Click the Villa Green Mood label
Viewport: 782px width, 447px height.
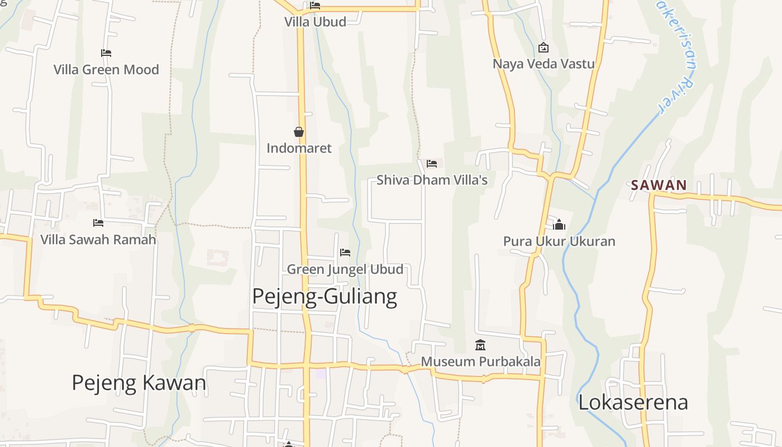tap(106, 70)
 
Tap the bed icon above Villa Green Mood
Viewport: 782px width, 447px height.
tap(106, 53)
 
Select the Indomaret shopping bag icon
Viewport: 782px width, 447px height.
tap(299, 132)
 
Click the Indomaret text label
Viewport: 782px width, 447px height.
tap(299, 148)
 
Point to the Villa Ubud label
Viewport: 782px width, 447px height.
tap(315, 22)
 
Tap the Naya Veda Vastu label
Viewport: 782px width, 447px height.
tap(543, 64)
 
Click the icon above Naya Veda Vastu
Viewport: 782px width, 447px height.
tap(543, 48)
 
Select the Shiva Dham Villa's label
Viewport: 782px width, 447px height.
tap(432, 180)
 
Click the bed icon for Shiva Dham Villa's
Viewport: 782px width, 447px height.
tap(432, 164)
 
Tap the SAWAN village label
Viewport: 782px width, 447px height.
tap(659, 185)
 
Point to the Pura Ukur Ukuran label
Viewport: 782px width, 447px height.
tap(559, 241)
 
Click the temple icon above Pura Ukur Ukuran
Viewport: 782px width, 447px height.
tap(559, 225)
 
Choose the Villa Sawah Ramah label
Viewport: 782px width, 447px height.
tap(98, 240)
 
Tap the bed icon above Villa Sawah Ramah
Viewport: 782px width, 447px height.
tap(98, 223)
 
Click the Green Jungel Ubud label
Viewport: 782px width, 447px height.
tap(345, 269)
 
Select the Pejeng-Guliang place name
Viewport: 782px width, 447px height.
tap(325, 296)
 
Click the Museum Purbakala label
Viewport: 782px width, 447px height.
tap(480, 362)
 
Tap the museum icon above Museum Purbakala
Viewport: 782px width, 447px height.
tap(480, 345)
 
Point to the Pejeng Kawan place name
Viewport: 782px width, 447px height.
tap(139, 383)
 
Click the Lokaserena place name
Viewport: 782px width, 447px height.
tap(633, 402)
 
